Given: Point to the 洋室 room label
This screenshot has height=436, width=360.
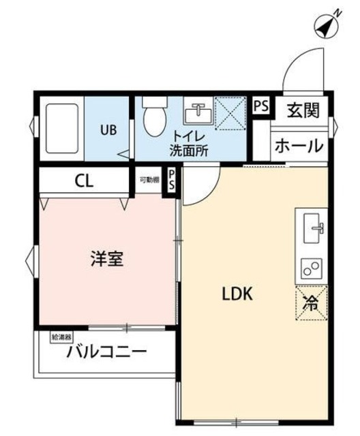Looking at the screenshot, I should pos(108,259).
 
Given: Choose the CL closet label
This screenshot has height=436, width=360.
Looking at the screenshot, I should pos(84,182).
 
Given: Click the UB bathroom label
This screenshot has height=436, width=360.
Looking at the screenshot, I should pos(109,128).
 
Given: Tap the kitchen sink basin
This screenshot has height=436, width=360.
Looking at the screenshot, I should pos(314,225).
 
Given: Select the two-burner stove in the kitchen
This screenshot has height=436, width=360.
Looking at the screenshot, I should pos(312,268).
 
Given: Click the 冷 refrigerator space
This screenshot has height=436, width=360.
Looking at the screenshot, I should pos(312,302).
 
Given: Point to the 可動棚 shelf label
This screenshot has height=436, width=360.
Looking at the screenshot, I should pos(149,180).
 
